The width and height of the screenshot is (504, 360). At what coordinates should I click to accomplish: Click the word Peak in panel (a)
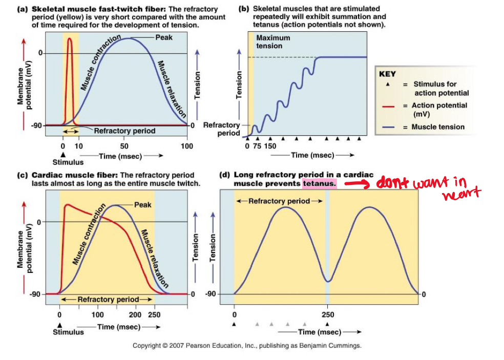click(x=164, y=37)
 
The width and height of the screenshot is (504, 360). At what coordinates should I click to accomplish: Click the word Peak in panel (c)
click(x=142, y=205)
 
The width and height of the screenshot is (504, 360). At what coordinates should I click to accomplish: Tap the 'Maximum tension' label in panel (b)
click(x=272, y=41)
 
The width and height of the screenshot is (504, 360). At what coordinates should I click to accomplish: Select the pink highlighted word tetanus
click(x=319, y=183)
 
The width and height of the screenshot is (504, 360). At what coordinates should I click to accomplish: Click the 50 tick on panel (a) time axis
click(x=125, y=146)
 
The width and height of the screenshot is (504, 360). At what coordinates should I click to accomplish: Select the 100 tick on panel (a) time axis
click(x=187, y=146)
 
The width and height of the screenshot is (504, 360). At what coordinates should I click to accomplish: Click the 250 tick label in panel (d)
click(x=327, y=315)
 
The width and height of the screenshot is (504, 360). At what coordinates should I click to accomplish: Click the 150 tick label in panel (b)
click(x=270, y=146)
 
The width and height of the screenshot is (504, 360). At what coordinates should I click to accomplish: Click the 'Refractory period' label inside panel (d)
click(x=279, y=201)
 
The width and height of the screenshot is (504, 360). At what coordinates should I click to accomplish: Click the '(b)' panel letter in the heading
click(x=244, y=9)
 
